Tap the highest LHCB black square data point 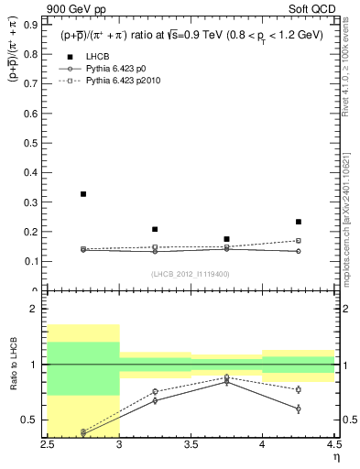(83, 194)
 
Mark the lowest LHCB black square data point (226, 239)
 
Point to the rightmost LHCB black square (298, 222)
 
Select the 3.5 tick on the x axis (191, 444)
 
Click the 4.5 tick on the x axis (333, 444)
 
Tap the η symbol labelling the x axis (335, 457)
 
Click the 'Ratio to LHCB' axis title (14, 365)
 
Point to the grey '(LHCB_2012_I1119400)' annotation (191, 274)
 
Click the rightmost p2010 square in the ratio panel (298, 389)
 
